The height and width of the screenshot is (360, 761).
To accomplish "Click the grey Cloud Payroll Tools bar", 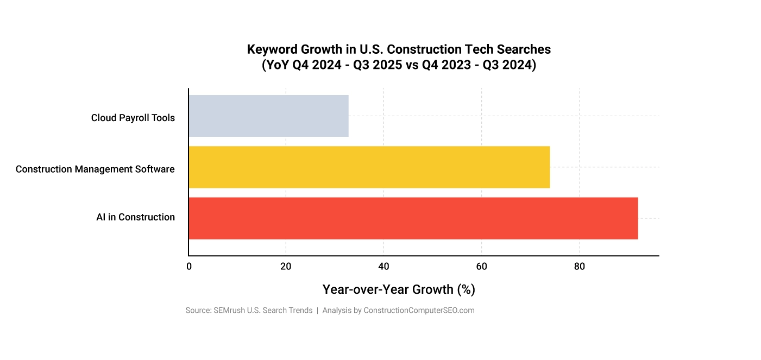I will point(268,116).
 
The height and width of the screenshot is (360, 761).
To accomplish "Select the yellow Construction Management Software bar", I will point(369,167).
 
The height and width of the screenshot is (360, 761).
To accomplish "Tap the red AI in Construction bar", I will point(413,218).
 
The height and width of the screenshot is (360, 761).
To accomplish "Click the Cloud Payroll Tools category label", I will point(133,118).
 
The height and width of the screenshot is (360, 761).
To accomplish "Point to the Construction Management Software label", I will point(95,169).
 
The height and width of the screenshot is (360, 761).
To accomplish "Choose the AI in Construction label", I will point(136,217).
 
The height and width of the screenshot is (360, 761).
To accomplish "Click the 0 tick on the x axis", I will point(189,267).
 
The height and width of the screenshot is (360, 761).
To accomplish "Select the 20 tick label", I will point(286,267).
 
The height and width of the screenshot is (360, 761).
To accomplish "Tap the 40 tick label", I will point(383,267).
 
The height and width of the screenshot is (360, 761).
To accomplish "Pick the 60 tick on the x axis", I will point(481,267).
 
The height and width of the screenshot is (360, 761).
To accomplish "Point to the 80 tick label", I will point(580,267).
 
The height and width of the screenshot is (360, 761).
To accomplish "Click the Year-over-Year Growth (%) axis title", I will point(399,289).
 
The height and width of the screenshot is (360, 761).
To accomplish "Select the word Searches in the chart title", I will point(525,49).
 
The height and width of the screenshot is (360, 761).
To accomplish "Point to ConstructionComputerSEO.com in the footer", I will point(419,311).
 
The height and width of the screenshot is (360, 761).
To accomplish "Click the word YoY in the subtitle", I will point(276,65).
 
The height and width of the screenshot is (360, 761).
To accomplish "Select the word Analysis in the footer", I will point(337,311).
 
